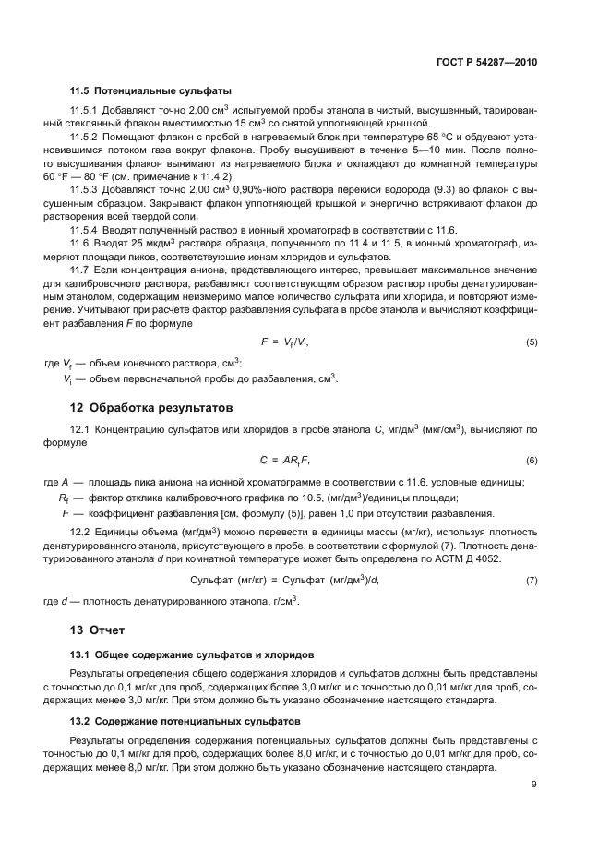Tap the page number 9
(x=534, y=785)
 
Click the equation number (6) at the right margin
(x=532, y=460)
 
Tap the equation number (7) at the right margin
(x=532, y=579)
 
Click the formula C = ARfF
(x=281, y=460)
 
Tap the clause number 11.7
(x=80, y=267)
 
